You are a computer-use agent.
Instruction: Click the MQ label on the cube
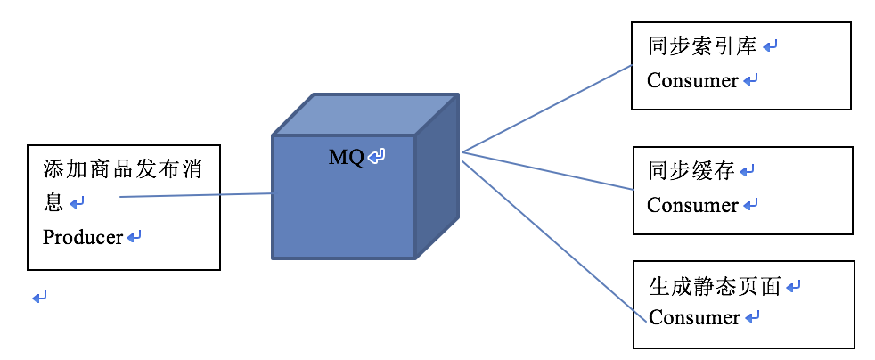pos(346,158)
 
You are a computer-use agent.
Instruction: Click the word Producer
pos(83,238)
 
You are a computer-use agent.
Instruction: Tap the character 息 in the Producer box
pos(53,202)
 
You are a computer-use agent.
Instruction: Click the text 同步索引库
pos(702,45)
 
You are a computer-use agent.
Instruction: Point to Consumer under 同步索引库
pos(692,81)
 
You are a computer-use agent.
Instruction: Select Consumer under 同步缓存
pos(692,206)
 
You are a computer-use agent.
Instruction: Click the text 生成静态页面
pos(715,286)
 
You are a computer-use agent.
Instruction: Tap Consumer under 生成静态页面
pos(694,317)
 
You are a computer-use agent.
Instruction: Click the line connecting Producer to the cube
pos(196,195)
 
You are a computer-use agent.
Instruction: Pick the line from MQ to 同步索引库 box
pos(545,109)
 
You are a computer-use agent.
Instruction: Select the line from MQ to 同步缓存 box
pos(545,170)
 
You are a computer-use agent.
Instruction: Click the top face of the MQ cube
pos(365,114)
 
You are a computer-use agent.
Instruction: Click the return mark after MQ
pos(378,158)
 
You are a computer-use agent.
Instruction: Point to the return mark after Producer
pos(135,238)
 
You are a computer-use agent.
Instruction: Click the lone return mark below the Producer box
pos(39,297)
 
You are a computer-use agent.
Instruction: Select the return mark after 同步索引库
pos(771,45)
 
